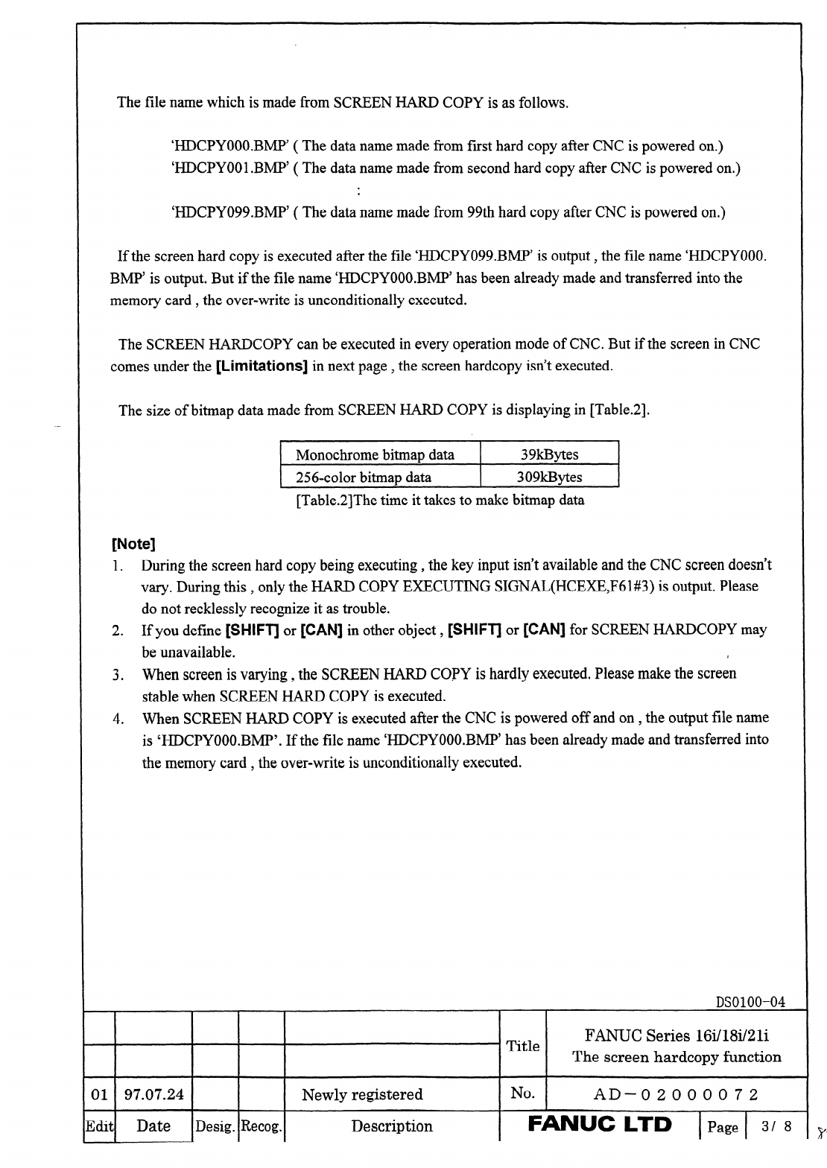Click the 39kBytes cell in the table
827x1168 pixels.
tap(549, 454)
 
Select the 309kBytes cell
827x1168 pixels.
tap(549, 477)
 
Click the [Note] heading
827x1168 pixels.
tap(133, 544)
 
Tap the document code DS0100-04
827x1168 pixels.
tap(750, 1002)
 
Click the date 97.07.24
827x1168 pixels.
tap(153, 1094)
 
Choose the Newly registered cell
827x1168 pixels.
tap(362, 1094)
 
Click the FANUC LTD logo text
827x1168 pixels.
tap(600, 1124)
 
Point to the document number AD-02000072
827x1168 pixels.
tap(676, 1094)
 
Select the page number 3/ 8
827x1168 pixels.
tap(776, 1126)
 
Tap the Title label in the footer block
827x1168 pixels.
tap(523, 1046)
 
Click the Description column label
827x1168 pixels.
tap(392, 1126)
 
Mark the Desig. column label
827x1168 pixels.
tap(215, 1127)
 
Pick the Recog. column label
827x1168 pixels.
tap(262, 1127)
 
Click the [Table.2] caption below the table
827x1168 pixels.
tap(440, 500)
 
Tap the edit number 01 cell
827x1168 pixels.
tap(98, 1094)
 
